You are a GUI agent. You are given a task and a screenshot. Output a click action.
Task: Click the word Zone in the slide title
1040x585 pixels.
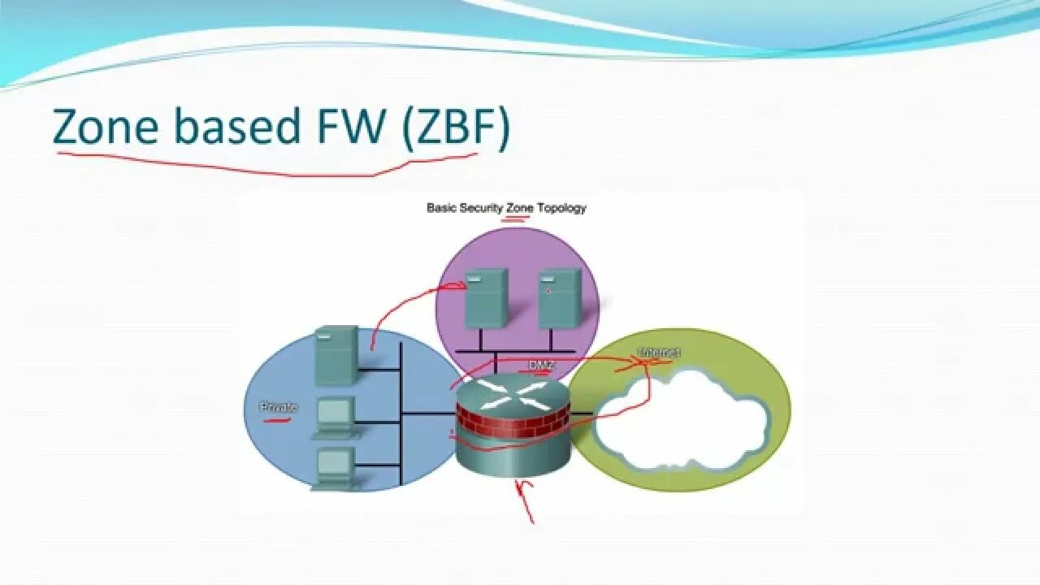point(106,128)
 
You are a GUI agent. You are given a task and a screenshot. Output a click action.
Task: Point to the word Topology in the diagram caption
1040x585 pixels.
point(561,208)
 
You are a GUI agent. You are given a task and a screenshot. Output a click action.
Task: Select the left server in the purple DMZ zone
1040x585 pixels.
point(486,298)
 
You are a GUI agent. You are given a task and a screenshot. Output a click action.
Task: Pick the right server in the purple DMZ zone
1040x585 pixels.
point(560,298)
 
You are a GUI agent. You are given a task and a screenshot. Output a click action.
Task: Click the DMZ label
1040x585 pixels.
point(542,366)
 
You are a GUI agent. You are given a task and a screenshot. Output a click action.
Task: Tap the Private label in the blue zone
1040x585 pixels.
point(279,408)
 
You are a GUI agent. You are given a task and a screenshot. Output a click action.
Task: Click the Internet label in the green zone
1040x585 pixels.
point(658,353)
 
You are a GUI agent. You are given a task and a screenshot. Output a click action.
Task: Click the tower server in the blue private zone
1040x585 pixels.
point(336,355)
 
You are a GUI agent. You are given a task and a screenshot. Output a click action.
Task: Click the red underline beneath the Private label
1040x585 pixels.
point(277,421)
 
